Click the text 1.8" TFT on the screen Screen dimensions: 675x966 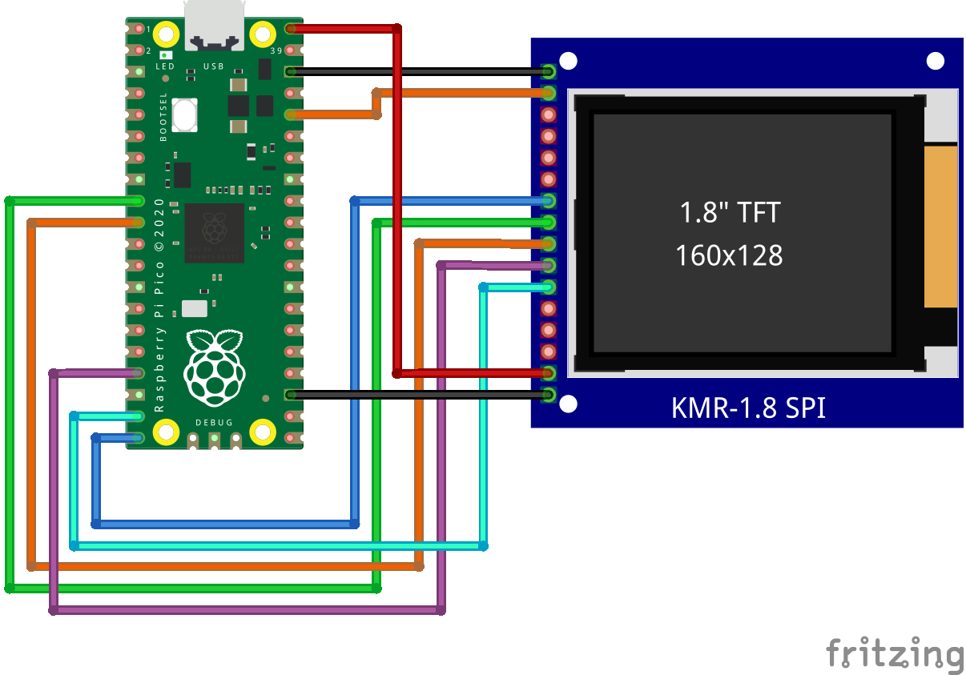click(x=729, y=212)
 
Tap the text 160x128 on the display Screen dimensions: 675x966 click(x=729, y=255)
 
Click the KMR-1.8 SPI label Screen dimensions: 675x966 click(x=747, y=408)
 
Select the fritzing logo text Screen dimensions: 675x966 click(x=895, y=653)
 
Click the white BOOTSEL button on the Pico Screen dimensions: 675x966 click(x=184, y=115)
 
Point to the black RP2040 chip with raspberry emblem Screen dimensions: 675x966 click(x=214, y=232)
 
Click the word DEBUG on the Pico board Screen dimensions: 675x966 click(x=214, y=422)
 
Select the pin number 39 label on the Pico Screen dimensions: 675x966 click(x=277, y=50)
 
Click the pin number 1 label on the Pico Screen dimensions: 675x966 click(x=148, y=29)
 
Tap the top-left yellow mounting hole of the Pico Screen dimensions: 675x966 click(x=167, y=34)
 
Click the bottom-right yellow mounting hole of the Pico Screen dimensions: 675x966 click(x=263, y=432)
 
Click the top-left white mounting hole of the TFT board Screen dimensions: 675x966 click(x=568, y=61)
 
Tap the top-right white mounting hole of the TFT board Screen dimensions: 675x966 click(x=935, y=61)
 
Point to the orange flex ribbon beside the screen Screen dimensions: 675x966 click(x=940, y=227)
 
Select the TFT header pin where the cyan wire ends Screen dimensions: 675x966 click(x=549, y=287)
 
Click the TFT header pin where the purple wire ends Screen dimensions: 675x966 click(x=549, y=265)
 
